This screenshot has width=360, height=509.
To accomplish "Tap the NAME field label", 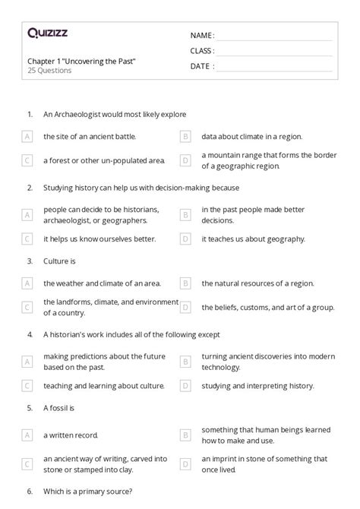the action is (x=202, y=36).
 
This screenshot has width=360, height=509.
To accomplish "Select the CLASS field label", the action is (x=202, y=51).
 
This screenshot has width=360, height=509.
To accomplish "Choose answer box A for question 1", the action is (x=27, y=137).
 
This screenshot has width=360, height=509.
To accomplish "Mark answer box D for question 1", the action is (x=185, y=160).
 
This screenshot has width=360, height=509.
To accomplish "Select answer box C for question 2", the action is (x=27, y=239).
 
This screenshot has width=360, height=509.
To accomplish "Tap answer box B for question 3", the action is (x=185, y=283).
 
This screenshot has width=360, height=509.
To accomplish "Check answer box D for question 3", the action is (x=185, y=307).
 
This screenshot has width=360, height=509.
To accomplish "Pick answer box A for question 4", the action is (x=27, y=362).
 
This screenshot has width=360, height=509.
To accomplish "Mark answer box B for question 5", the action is (x=185, y=435).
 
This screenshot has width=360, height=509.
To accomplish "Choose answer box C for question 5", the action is (x=27, y=463).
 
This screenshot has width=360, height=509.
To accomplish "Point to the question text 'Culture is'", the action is (x=60, y=261).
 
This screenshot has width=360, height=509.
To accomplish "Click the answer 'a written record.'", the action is (x=71, y=435).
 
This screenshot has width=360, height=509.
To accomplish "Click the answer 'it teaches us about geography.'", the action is (x=253, y=239).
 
